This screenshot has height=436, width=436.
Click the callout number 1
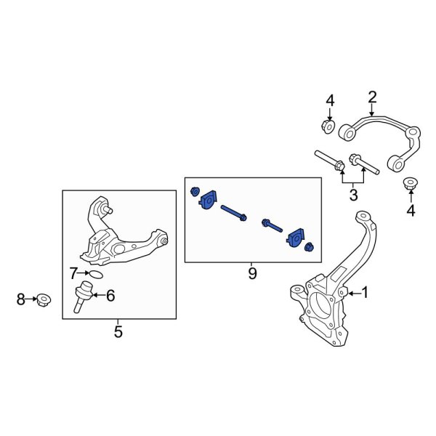pos(365,293)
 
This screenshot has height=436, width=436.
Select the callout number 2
pos(372,97)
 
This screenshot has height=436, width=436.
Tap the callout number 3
pos(353,195)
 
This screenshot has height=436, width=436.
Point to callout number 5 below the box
pos(118,331)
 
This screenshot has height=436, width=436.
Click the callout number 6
pos(110,295)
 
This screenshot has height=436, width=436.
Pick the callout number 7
pos(73,273)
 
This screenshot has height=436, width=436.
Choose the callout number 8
pos(20,299)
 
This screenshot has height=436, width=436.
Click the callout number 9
pos(252,274)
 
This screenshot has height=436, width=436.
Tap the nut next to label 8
pos(44,299)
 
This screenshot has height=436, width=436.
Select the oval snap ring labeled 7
pos(96,275)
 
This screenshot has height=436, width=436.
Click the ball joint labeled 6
pos(83,296)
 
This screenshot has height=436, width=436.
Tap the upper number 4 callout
pos(330,100)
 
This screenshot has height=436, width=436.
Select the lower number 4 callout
pos(411,211)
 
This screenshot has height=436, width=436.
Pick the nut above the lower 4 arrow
pos(410,185)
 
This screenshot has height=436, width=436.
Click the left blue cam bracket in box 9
pos(208,200)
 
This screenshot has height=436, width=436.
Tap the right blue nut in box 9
pos(310,246)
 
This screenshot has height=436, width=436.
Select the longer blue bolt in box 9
pos(234,213)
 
